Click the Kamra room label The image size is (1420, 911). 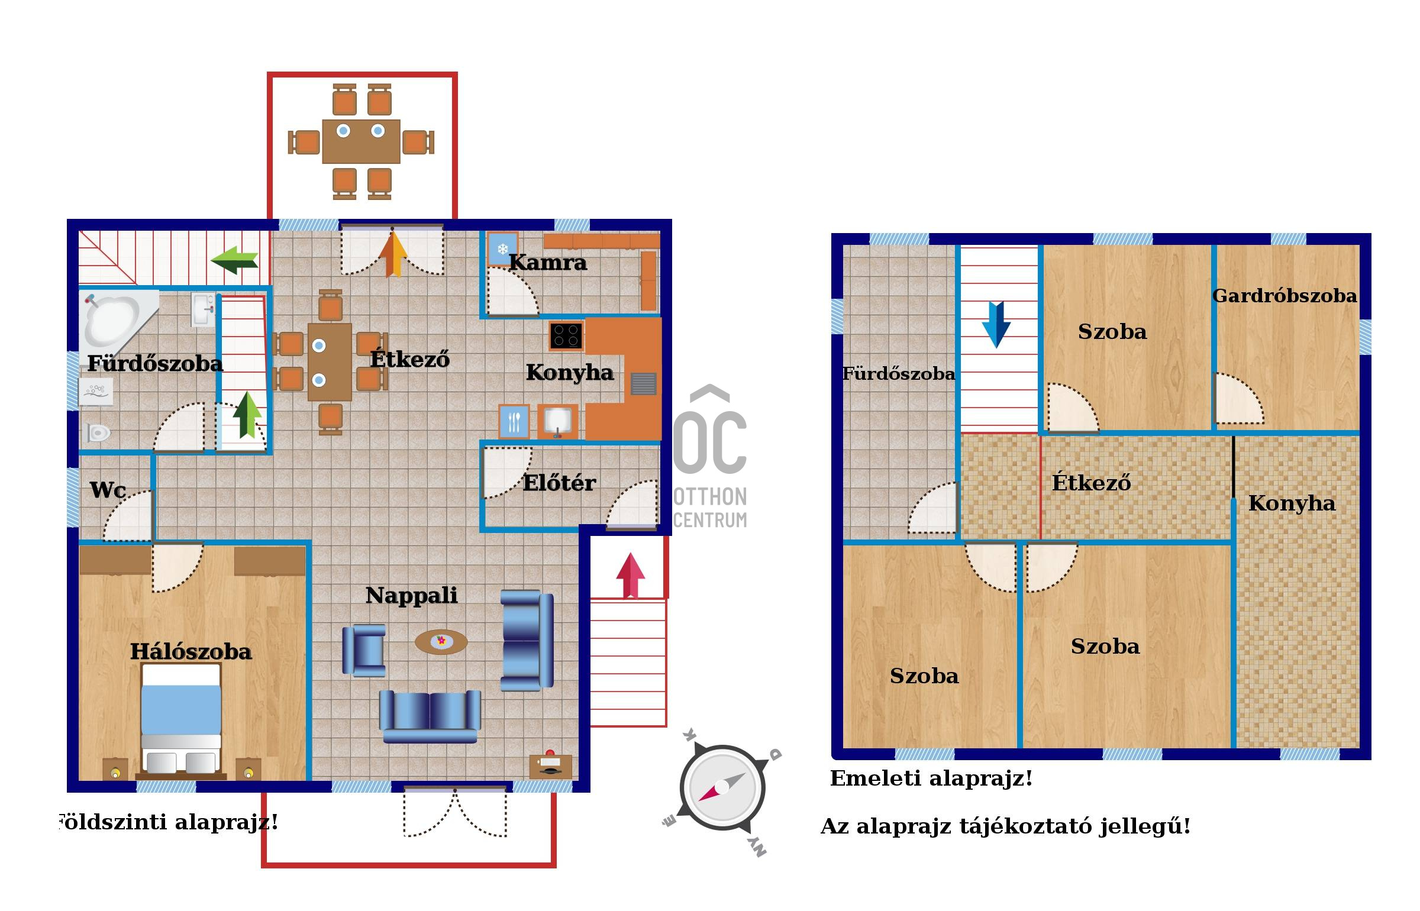(x=548, y=262)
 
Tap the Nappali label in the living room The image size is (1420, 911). (x=412, y=595)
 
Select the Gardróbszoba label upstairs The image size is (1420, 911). (x=1285, y=295)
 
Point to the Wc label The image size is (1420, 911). (x=108, y=490)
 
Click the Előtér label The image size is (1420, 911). (x=559, y=483)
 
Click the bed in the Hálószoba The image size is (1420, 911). (x=181, y=719)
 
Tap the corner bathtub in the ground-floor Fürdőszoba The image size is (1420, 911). (x=118, y=319)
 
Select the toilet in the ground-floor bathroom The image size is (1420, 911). (x=98, y=433)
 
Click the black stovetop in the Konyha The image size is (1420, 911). (x=566, y=335)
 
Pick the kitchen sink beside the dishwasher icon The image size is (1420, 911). (x=557, y=421)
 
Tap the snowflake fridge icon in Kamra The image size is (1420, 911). (x=502, y=249)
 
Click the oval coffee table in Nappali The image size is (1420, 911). (x=441, y=641)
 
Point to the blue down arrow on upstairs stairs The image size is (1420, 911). (x=996, y=325)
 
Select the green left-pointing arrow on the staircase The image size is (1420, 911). (x=235, y=260)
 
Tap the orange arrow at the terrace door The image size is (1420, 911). (x=393, y=255)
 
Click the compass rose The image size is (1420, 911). (x=722, y=787)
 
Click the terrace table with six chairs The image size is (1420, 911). (x=361, y=141)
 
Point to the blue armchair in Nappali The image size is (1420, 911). (x=364, y=651)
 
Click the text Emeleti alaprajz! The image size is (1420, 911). (x=931, y=778)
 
